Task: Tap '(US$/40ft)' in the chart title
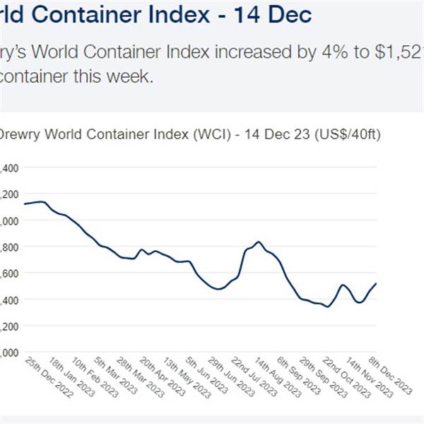point(346,134)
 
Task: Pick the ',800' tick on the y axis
point(11,247)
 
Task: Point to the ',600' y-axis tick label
point(11,273)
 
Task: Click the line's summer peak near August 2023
point(259,242)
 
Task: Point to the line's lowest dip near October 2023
point(328,306)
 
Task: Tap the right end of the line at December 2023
point(375,283)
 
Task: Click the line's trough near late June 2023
point(218,289)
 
